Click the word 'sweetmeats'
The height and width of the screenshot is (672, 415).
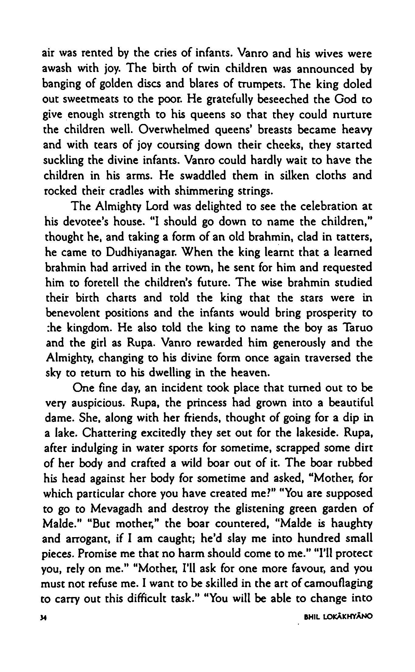coord(89,99)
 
